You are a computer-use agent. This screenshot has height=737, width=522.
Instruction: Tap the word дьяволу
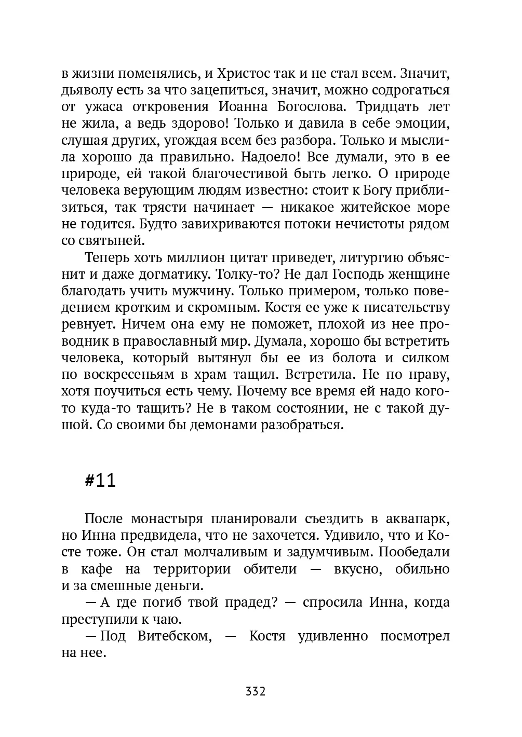tap(87, 90)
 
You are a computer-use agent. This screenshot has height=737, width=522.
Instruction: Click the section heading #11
tap(100, 481)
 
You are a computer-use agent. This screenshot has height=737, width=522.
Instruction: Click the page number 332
tap(256, 692)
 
